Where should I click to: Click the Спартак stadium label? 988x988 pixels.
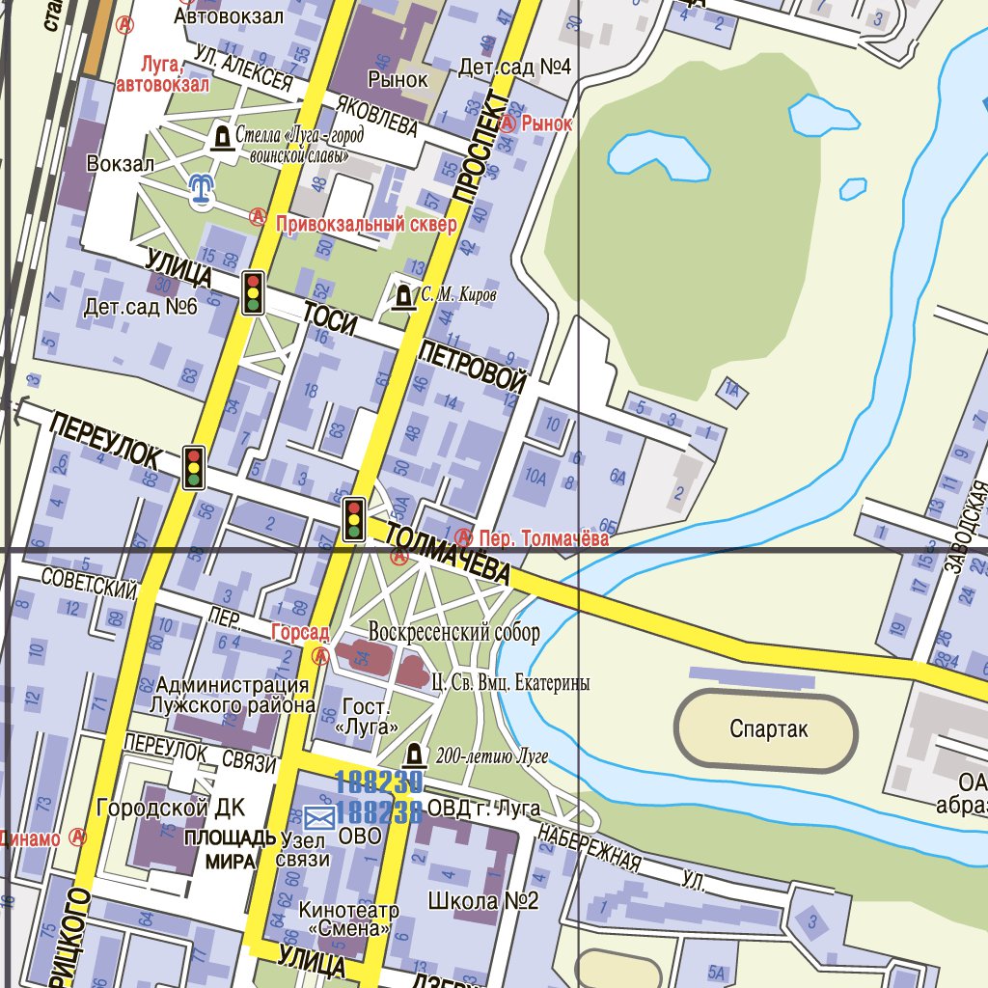769,730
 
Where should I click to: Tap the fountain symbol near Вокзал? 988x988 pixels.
201,190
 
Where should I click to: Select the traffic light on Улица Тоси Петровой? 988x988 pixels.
254,292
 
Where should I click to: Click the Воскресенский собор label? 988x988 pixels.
453,633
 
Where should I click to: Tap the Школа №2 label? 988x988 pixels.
482,902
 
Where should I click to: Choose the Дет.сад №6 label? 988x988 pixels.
140,308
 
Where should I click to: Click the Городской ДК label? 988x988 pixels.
171,808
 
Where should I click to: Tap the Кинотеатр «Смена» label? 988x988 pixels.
348,919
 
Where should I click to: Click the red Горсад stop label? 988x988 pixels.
299,632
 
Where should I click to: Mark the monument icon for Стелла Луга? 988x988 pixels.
222,139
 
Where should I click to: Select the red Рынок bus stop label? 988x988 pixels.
547,123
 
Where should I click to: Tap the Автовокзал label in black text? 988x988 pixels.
229,16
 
